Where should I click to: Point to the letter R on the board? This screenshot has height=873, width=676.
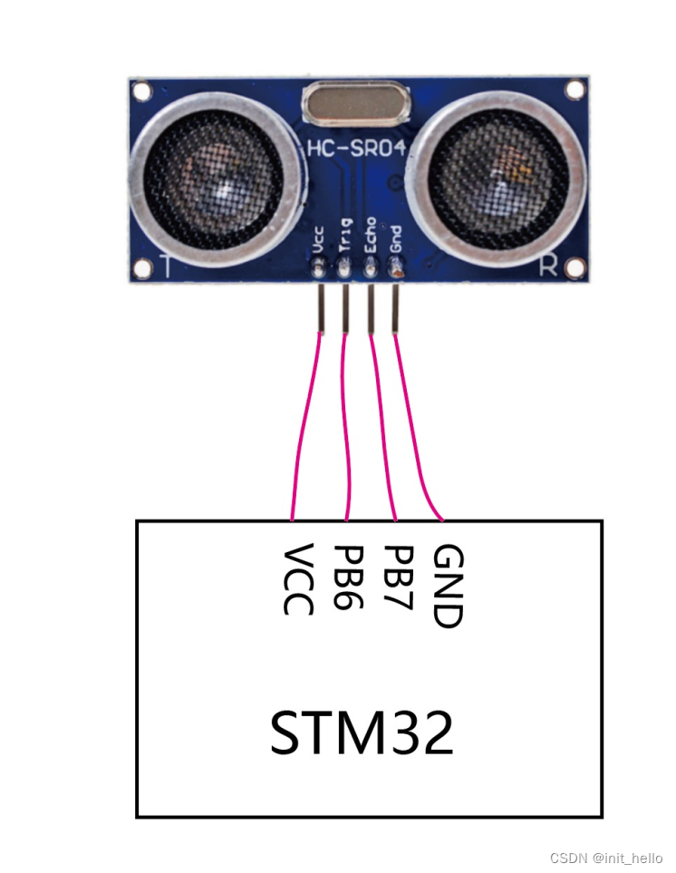pyautogui.click(x=548, y=265)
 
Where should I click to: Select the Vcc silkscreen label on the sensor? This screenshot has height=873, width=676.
pyautogui.click(x=319, y=242)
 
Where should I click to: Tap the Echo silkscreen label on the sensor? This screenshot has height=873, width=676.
pyautogui.click(x=370, y=238)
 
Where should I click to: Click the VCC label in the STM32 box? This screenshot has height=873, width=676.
pyautogui.click(x=298, y=580)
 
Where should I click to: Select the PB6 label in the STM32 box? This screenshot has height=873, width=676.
pyautogui.click(x=348, y=577)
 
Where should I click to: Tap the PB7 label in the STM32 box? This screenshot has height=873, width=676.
pyautogui.click(x=398, y=577)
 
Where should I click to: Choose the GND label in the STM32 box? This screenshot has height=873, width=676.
pyautogui.click(x=449, y=587)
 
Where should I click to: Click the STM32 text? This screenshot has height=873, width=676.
pyautogui.click(x=362, y=733)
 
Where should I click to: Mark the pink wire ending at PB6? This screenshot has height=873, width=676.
pyautogui.click(x=346, y=426)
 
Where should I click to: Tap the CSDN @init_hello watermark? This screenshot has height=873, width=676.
pyautogui.click(x=606, y=858)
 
